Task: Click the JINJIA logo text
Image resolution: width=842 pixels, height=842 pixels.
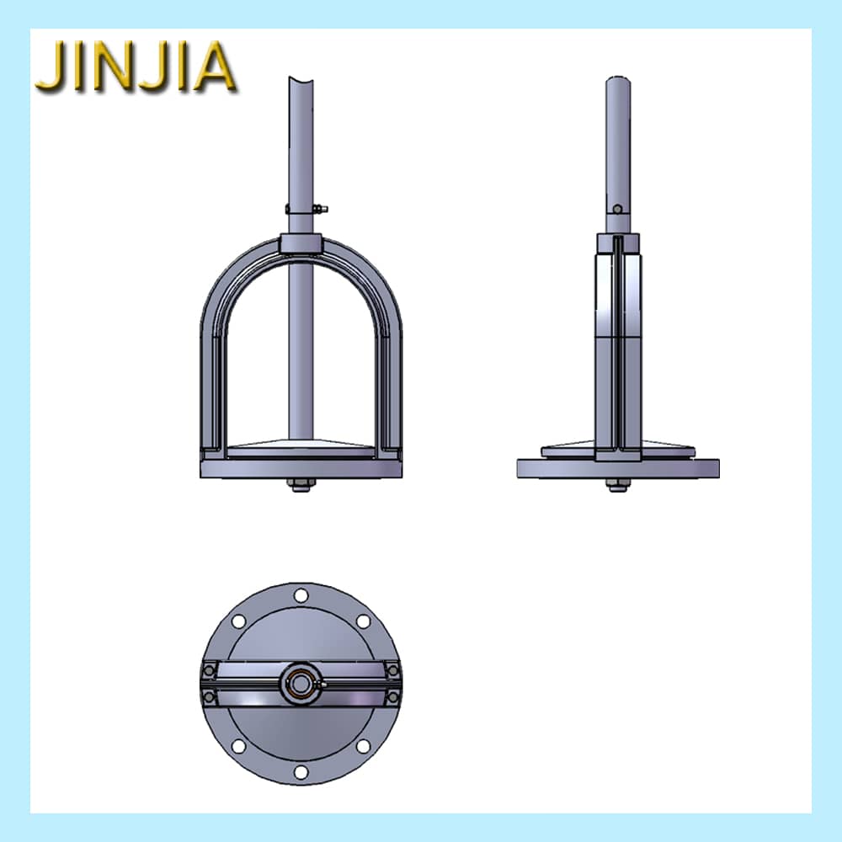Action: (x=136, y=66)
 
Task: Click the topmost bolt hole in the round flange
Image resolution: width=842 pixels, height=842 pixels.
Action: (x=301, y=595)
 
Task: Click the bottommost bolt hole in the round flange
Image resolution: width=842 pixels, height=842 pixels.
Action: (x=301, y=772)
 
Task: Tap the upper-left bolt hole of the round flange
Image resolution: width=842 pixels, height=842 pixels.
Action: (x=238, y=621)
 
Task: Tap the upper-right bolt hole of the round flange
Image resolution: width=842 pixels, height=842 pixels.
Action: (x=364, y=621)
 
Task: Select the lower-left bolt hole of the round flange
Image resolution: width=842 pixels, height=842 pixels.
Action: (x=238, y=746)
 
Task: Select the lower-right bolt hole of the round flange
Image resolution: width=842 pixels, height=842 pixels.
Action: (x=364, y=746)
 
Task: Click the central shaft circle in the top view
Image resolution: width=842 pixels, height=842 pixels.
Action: (x=300, y=684)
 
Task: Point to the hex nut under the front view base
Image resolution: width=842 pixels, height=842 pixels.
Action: (x=301, y=484)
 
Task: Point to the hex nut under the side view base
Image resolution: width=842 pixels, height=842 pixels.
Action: (x=618, y=484)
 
